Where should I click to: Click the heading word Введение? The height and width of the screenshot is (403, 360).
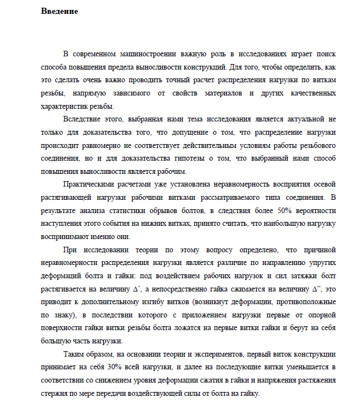tap(59, 12)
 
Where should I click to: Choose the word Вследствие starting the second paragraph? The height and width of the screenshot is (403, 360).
tap(84, 119)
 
